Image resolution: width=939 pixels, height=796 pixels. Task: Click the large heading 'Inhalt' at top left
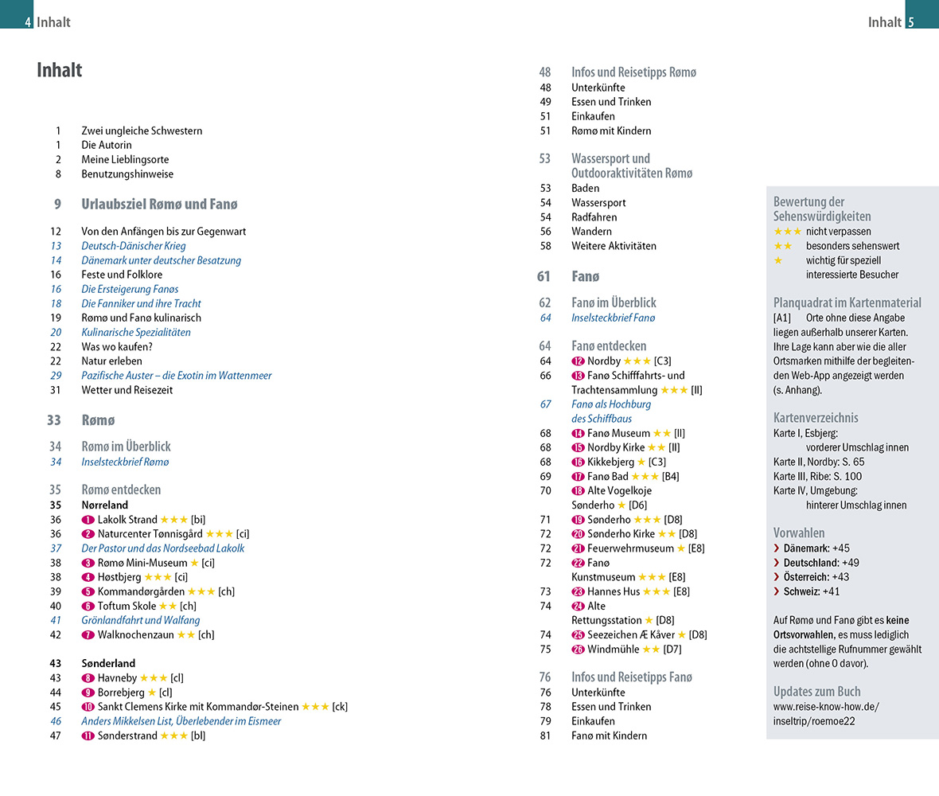[x=60, y=70]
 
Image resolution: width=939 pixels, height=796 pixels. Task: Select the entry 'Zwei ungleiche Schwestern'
[x=142, y=131]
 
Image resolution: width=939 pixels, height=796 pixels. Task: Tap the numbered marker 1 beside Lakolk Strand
[x=88, y=520]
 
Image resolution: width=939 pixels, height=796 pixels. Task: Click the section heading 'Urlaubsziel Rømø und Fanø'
[x=159, y=204]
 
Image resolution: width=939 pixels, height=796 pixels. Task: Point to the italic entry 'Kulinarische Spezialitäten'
[x=136, y=332]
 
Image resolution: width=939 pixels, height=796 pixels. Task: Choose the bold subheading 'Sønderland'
[x=108, y=663]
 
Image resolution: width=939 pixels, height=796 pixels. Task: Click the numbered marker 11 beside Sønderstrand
[x=88, y=736]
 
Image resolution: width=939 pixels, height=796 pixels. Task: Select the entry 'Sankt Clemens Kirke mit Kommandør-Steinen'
[x=198, y=707]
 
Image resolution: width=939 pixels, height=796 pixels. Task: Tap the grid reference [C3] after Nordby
[x=663, y=361]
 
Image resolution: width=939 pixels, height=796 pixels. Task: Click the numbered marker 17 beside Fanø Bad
[x=578, y=476]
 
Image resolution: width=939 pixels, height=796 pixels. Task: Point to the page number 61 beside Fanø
[x=544, y=276]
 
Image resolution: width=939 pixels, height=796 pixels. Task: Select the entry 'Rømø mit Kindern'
[x=611, y=131]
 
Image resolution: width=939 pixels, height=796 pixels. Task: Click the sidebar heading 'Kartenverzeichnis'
[x=816, y=417]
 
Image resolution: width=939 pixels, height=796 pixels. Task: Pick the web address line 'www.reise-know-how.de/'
[x=826, y=706]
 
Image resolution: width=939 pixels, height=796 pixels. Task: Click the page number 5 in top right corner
[x=911, y=22]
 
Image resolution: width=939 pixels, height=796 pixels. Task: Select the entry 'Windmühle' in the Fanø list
[x=613, y=649]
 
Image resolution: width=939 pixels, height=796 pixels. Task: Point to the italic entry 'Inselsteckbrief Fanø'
[x=613, y=318]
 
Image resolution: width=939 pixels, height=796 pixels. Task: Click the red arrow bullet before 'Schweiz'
[x=777, y=591]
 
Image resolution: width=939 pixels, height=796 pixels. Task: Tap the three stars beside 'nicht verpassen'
[x=787, y=231]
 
